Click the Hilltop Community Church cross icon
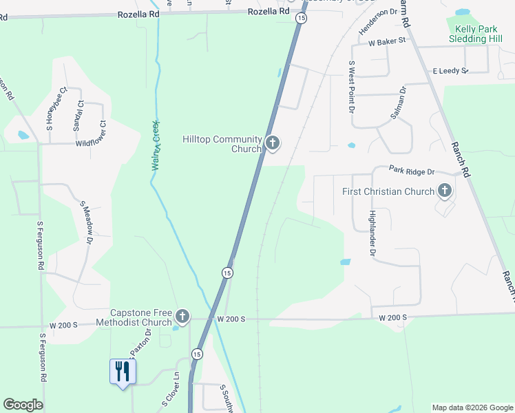[x=273, y=143]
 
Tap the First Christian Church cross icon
[x=445, y=191]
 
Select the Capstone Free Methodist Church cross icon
[x=182, y=317]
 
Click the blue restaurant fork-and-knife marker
[x=123, y=372]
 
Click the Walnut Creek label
[x=156, y=146]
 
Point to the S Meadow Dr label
[x=87, y=222]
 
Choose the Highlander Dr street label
[x=372, y=234]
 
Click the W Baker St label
[x=387, y=42]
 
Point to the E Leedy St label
[x=450, y=71]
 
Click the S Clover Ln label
[x=170, y=390]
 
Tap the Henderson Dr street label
[x=378, y=21]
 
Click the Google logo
[x=23, y=405]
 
